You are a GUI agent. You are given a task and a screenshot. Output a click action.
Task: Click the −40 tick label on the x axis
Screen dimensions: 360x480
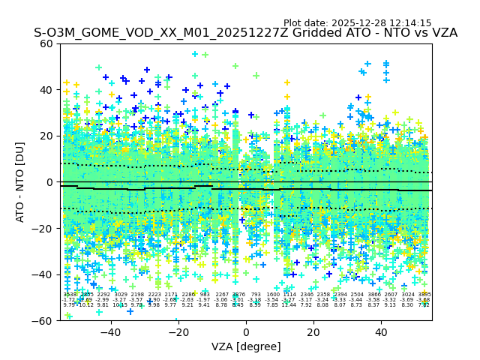coord(110,332)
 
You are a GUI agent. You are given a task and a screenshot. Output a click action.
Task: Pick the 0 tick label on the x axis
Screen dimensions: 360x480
coord(246,332)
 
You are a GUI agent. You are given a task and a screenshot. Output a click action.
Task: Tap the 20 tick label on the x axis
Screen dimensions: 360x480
coord(313,332)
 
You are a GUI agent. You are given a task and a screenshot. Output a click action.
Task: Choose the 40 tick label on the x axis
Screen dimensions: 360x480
coord(381,332)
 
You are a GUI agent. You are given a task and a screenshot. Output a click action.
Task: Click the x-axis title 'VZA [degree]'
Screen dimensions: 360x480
coord(246,346)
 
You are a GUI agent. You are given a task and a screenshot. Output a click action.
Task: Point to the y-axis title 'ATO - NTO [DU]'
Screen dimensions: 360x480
coord(21,181)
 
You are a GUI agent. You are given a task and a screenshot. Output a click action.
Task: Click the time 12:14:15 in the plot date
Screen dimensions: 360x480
coord(410,23)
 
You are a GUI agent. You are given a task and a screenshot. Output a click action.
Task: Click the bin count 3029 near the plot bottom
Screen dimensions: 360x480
coord(121,295)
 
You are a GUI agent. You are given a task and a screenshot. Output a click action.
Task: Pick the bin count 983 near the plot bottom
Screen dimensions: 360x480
coord(205,295)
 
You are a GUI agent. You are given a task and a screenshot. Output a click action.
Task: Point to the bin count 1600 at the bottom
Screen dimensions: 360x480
coord(273,295)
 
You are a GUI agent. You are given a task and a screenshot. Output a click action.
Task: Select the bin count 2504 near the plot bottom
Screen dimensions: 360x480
coord(357,295)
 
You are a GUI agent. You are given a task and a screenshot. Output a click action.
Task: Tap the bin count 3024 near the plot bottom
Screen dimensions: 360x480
coord(408,295)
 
